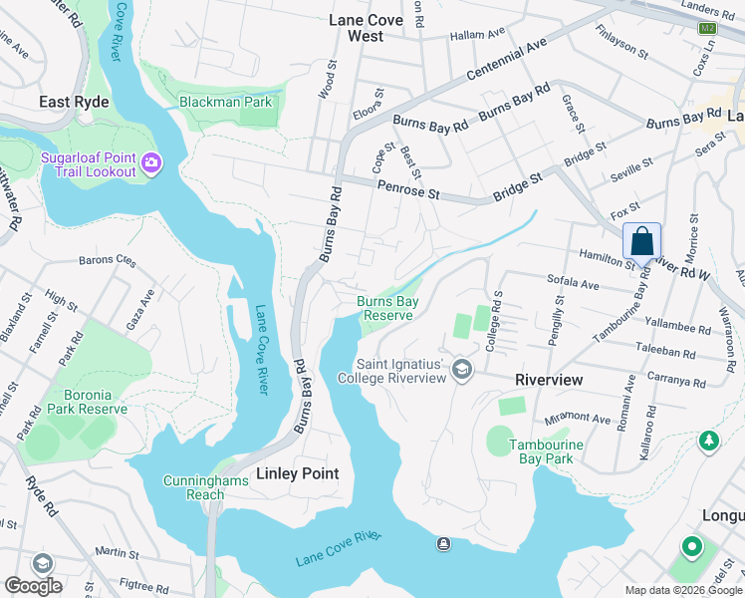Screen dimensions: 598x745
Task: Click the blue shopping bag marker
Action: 642,241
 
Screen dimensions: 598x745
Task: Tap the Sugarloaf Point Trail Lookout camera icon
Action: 150,162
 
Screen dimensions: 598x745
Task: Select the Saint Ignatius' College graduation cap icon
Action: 461,370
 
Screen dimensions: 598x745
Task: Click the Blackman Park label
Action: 225,102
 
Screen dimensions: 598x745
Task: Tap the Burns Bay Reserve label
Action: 385,308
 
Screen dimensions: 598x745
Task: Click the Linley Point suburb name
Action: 298,473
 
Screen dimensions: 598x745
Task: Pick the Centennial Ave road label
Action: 509,62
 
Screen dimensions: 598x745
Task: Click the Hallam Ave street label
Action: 478,34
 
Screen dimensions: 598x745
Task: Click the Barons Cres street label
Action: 107,261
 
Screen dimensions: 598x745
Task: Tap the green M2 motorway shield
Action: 707,28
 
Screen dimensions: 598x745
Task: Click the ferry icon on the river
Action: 443,543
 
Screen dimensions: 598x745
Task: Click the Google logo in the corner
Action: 34,585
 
